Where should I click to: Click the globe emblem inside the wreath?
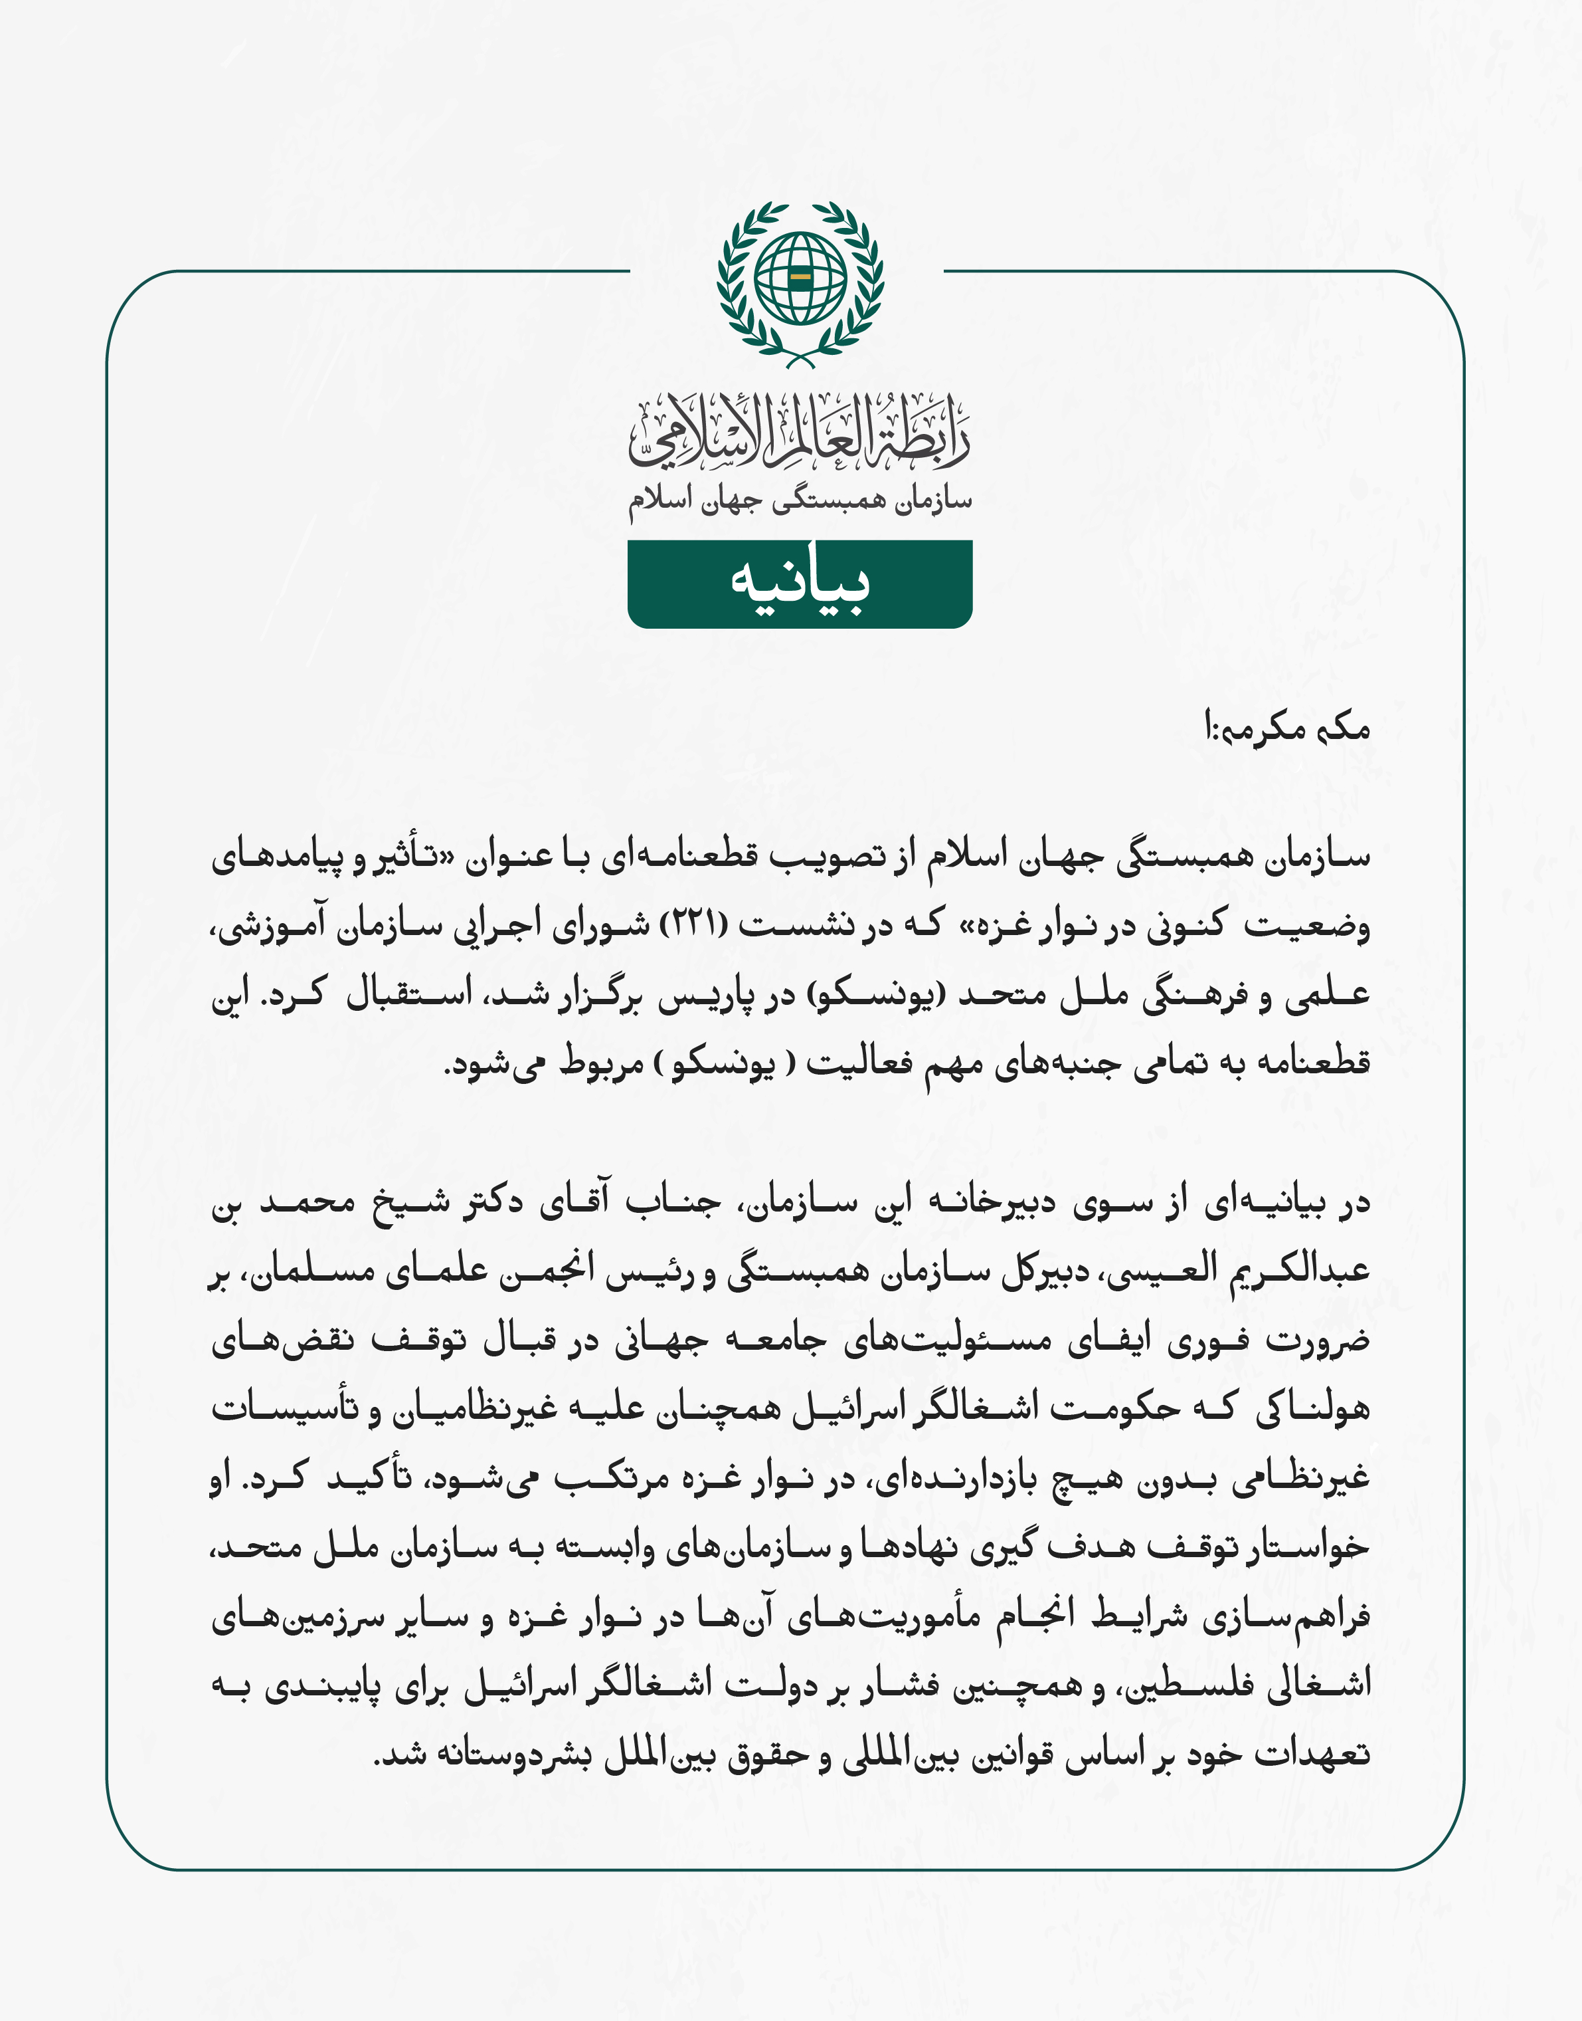point(800,277)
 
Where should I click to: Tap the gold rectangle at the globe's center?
point(800,277)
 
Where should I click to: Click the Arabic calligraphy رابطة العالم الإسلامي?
point(800,430)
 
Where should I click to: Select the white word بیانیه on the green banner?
point(800,583)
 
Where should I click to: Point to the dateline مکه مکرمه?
point(1288,728)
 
